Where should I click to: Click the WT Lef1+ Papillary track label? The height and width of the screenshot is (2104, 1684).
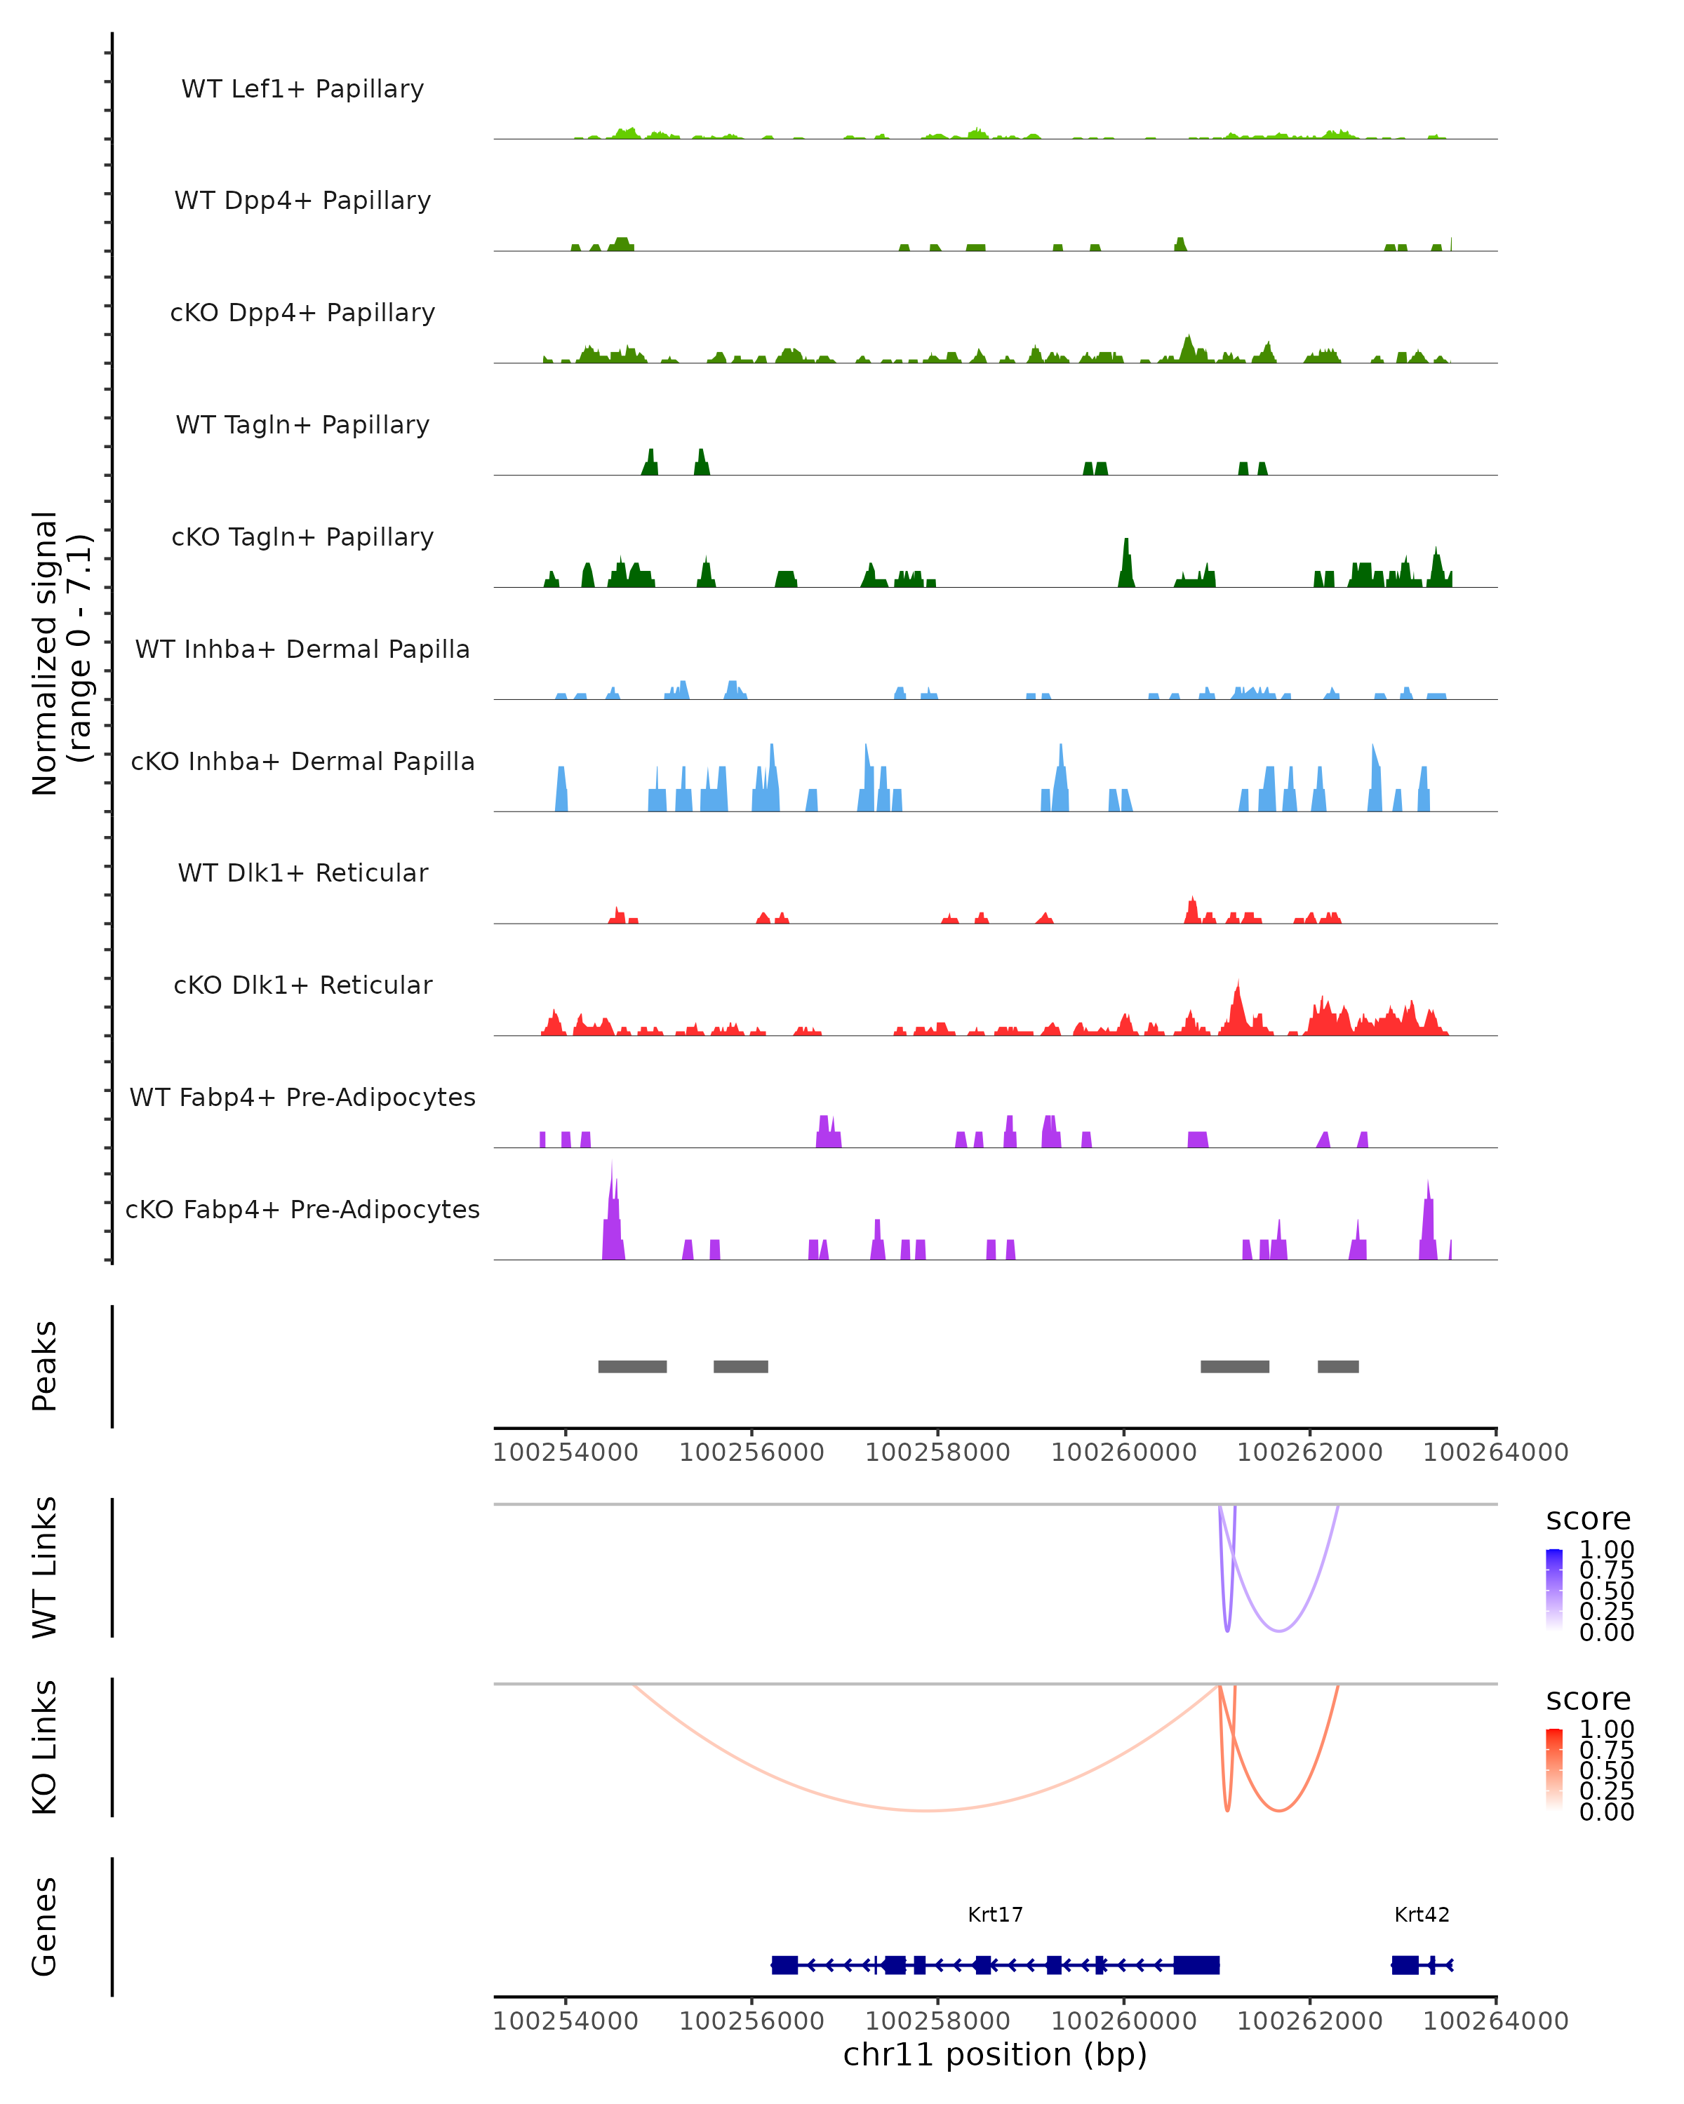pyautogui.click(x=302, y=89)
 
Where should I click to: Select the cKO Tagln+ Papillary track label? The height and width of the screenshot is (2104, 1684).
pyautogui.click(x=302, y=537)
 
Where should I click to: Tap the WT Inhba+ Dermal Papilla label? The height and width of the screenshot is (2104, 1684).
pyautogui.click(x=302, y=649)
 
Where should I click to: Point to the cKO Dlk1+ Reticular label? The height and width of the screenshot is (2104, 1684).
pyautogui.click(x=302, y=985)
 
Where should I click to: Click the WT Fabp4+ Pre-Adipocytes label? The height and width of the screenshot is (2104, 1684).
pyautogui.click(x=302, y=1097)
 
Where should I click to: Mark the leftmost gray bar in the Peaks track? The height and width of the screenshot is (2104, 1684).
pyautogui.click(x=633, y=1366)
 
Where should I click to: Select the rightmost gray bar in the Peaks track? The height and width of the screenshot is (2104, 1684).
pyautogui.click(x=1337, y=1366)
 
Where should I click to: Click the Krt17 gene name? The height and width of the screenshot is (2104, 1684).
pyautogui.click(x=995, y=1915)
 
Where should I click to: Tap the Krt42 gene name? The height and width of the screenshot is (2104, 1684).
pyautogui.click(x=1422, y=1915)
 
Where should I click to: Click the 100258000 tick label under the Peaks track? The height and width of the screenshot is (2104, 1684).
pyautogui.click(x=937, y=1452)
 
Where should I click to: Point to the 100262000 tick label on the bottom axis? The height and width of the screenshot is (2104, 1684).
pyautogui.click(x=1309, y=2021)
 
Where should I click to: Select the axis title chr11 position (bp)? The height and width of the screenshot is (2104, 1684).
pyautogui.click(x=995, y=2055)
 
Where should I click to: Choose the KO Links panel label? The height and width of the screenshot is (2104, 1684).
pyautogui.click(x=45, y=1747)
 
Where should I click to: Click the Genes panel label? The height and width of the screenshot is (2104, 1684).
pyautogui.click(x=45, y=1927)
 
